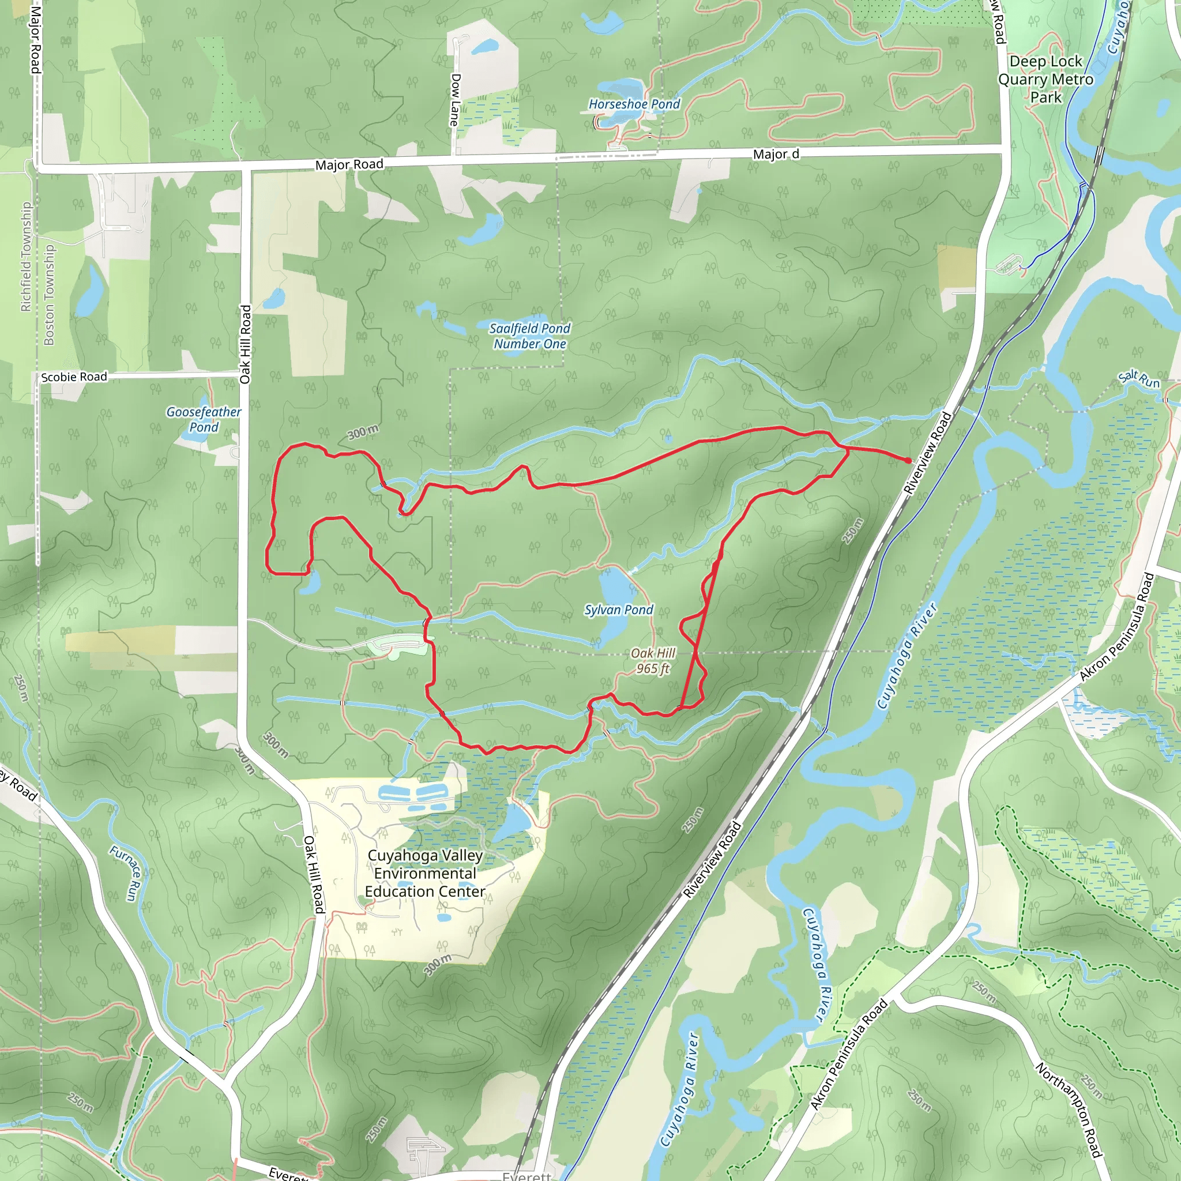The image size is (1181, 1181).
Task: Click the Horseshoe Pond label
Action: [634, 104]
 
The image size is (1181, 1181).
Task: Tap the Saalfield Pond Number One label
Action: [529, 336]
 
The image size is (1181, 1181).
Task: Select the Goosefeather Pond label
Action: [204, 419]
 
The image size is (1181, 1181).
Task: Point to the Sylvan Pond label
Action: [619, 610]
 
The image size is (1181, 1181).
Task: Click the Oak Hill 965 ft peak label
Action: [653, 661]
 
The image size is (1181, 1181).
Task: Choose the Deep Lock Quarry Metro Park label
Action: [1045, 80]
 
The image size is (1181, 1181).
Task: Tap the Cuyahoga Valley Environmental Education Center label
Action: [426, 873]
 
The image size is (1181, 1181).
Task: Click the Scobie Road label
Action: [74, 377]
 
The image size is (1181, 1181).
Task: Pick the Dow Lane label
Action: [455, 100]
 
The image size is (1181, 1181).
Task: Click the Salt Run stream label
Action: [1139, 379]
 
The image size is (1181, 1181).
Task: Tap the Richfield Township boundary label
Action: [26, 257]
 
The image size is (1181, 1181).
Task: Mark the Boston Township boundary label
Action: [49, 295]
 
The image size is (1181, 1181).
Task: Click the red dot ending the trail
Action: [908, 460]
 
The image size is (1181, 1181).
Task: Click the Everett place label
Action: [526, 1175]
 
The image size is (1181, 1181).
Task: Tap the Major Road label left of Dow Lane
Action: [349, 164]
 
